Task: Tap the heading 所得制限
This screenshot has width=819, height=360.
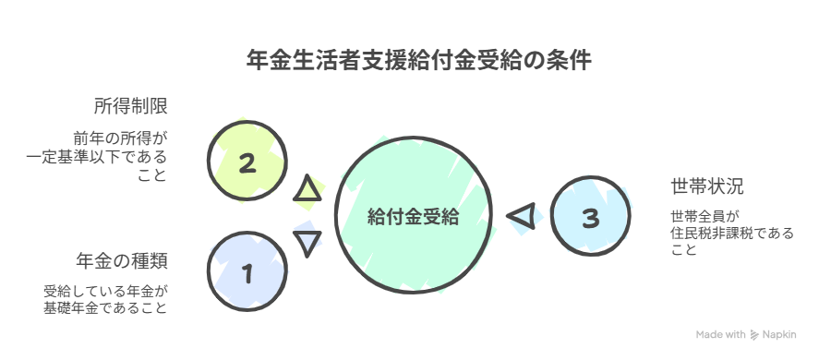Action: [x=130, y=104]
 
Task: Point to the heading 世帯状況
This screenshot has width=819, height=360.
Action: [x=707, y=186]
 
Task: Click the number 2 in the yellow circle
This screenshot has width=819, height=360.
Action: [x=247, y=164]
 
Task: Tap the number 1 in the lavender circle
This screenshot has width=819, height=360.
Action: [x=247, y=273]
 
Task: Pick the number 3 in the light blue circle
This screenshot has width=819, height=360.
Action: [x=592, y=218]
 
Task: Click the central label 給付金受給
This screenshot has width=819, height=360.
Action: [x=413, y=217]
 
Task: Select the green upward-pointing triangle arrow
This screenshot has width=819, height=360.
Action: [x=308, y=190]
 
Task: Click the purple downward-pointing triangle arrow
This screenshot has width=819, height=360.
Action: [x=307, y=242]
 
